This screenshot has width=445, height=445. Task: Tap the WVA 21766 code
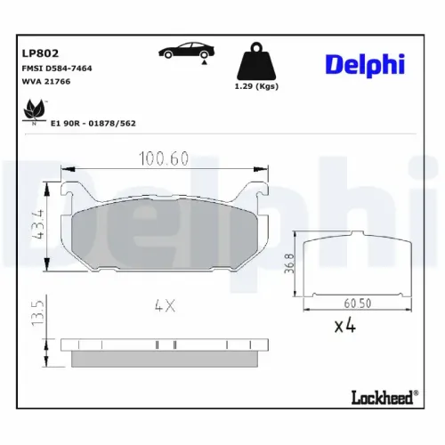(45, 81)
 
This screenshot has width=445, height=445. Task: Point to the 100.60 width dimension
(164, 158)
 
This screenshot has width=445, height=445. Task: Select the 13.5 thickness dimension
(36, 315)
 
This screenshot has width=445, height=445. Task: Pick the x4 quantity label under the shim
(345, 328)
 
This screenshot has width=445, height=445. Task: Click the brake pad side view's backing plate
(165, 344)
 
